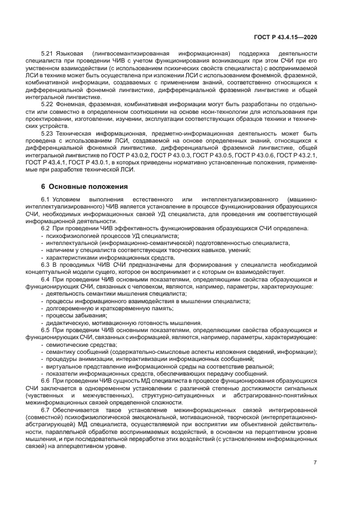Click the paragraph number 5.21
tap(47, 53)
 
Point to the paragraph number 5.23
tap(47, 133)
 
